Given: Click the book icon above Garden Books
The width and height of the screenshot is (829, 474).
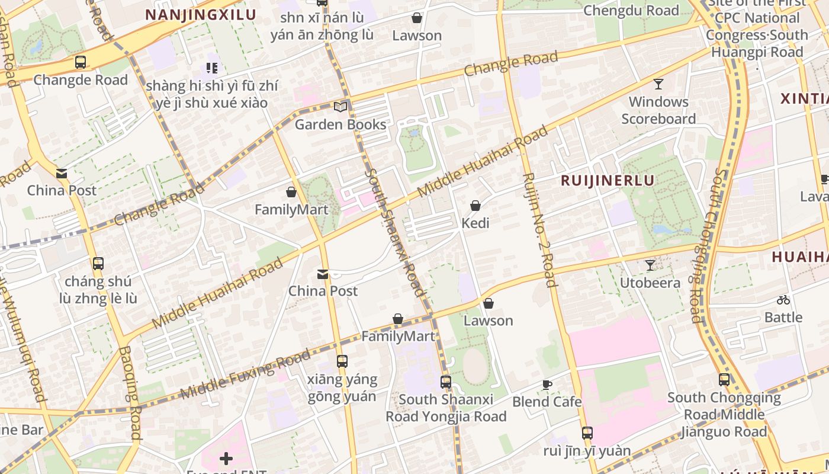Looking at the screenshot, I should [340, 107].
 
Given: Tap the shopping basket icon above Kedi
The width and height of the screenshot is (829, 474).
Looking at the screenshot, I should [475, 206].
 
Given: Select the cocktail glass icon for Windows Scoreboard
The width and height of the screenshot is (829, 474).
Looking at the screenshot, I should [658, 84].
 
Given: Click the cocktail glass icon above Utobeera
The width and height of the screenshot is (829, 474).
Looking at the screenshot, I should [650, 265].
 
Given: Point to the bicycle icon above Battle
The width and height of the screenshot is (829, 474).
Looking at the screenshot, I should [783, 300].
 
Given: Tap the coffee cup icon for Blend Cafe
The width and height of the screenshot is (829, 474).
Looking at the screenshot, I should [547, 385].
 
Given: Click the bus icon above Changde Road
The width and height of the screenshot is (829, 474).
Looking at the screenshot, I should [81, 62].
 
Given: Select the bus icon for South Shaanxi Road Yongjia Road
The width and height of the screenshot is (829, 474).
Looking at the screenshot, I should [446, 382].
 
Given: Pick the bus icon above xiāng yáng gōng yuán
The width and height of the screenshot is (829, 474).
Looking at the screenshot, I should [342, 361].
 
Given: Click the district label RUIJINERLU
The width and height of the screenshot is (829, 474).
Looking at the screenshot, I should [608, 181].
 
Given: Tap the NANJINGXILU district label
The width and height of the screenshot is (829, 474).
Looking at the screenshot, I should [201, 15].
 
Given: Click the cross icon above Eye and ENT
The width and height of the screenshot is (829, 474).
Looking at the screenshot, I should [226, 459].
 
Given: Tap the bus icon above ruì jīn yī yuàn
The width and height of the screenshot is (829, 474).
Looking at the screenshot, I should [587, 433].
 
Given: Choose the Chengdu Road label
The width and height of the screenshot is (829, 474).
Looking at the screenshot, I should [631, 11].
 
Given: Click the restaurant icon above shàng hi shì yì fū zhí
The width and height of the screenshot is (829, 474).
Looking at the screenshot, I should [212, 68].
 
